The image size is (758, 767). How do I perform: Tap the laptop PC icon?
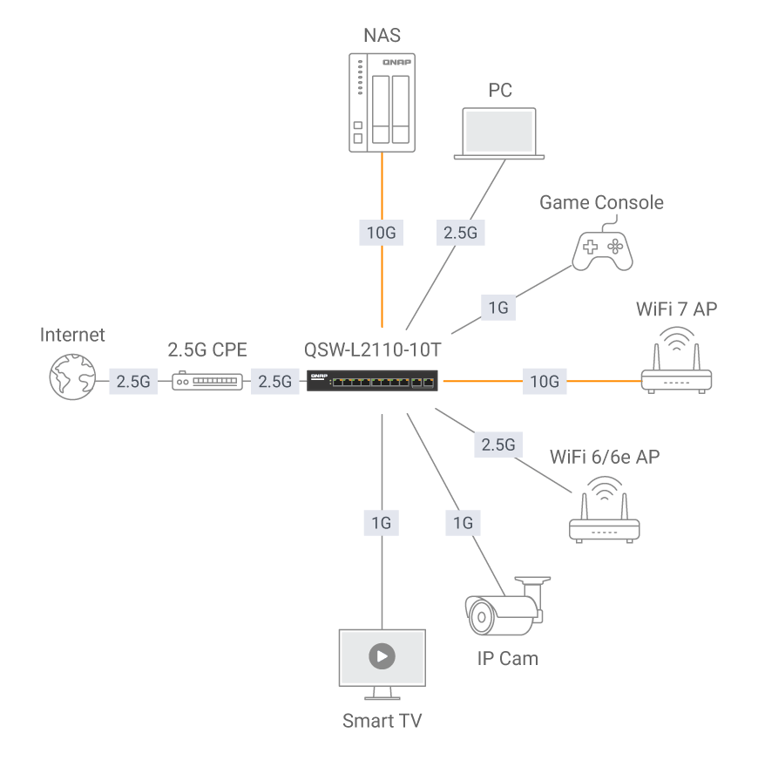[499, 134]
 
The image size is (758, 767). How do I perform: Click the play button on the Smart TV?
[382, 656]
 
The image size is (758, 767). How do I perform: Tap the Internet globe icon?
[72, 376]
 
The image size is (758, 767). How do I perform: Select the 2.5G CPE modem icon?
[207, 381]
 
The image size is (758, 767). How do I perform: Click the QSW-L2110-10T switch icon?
[373, 381]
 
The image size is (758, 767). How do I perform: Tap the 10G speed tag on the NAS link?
[382, 233]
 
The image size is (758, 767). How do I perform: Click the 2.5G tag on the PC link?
[459, 233]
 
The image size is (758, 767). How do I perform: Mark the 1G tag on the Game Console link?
[498, 308]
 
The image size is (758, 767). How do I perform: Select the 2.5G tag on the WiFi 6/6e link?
[498, 445]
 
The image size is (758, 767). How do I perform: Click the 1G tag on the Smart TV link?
[382, 523]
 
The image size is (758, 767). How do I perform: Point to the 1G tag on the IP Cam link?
[463, 523]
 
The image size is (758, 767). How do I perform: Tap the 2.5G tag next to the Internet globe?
[133, 381]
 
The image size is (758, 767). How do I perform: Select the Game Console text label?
[601, 202]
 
